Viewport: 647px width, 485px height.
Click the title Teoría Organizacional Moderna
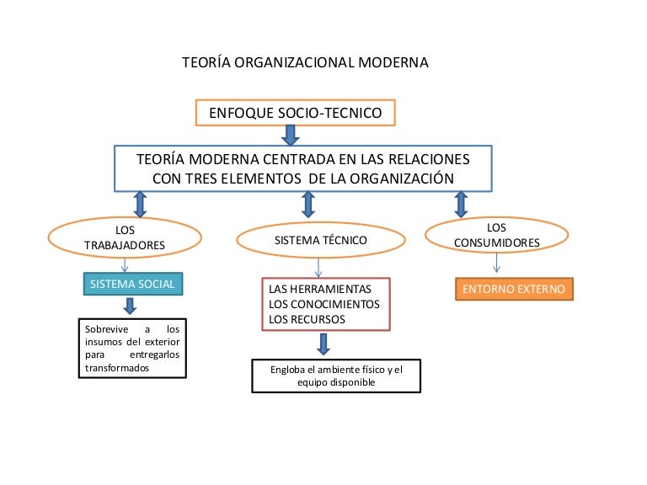tap(305, 62)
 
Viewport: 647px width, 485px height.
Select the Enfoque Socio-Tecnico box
tap(295, 112)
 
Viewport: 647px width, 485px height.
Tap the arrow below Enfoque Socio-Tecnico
tap(290, 135)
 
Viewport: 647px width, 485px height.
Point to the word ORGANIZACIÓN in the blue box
tap(390, 178)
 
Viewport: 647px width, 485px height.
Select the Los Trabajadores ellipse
tap(125, 237)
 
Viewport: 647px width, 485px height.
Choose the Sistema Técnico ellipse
tap(320, 240)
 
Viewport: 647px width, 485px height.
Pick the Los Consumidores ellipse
tap(496, 236)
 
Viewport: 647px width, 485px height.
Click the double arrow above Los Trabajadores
tap(141, 204)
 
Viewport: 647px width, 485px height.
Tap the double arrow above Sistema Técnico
tap(308, 204)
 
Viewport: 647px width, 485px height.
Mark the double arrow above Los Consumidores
tap(461, 204)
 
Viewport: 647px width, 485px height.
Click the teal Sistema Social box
tap(132, 285)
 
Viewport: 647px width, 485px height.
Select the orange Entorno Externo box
tap(514, 289)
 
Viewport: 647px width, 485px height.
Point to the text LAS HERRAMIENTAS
tap(319, 289)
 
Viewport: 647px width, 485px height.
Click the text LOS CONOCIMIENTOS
tap(324, 304)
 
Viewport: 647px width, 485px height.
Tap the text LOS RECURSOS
tap(307, 320)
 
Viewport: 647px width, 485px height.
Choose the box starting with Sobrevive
tap(131, 349)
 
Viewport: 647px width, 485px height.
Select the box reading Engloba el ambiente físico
tap(336, 376)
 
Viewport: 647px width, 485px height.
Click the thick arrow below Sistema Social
tap(129, 306)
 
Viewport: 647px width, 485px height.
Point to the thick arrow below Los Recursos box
tap(323, 344)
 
